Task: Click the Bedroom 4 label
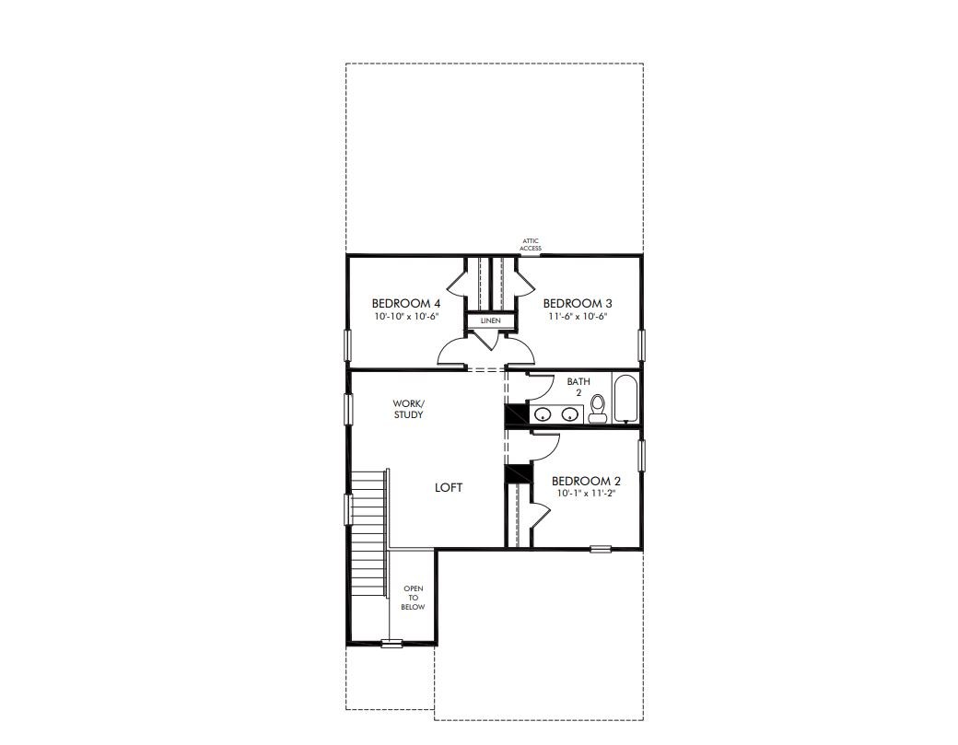(405, 304)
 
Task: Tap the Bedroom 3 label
(578, 304)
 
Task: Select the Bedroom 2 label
(586, 482)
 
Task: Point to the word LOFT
(449, 487)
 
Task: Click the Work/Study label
(408, 409)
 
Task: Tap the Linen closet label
(490, 320)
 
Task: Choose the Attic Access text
(531, 244)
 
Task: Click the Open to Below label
(413, 598)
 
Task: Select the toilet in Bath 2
(597, 409)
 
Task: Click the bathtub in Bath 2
(625, 398)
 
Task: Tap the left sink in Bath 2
(543, 414)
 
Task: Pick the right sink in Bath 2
(570, 414)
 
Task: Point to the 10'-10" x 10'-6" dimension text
(406, 316)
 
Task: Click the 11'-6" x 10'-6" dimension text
(578, 316)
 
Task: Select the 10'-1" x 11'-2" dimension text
(585, 494)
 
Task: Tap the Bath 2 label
(578, 387)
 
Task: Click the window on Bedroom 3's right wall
(641, 345)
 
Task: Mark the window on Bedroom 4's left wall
(348, 345)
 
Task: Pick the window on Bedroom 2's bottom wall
(601, 549)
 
